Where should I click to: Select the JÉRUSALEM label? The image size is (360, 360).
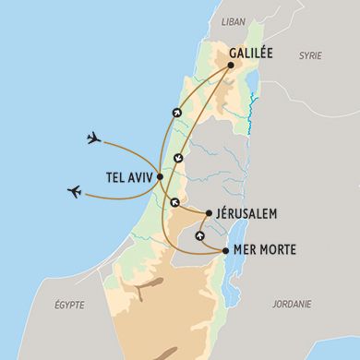pos(246,213)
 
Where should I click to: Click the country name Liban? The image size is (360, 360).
pos(234,19)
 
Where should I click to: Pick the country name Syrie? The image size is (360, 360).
pos(310,56)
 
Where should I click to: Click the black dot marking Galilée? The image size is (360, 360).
pos(229,66)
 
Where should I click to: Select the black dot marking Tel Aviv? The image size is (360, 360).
pos(161,176)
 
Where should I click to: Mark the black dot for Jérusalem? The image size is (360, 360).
pos(208,213)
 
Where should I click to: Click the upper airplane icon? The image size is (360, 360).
pos(92,138)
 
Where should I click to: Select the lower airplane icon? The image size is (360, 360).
pos(75,192)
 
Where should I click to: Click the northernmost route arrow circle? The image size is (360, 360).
pos(175,114)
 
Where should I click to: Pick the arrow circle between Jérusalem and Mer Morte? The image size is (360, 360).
pos(200,235)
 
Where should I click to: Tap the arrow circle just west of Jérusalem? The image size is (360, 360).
pos(174,201)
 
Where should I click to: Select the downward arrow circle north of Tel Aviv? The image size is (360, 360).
pos(178,157)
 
